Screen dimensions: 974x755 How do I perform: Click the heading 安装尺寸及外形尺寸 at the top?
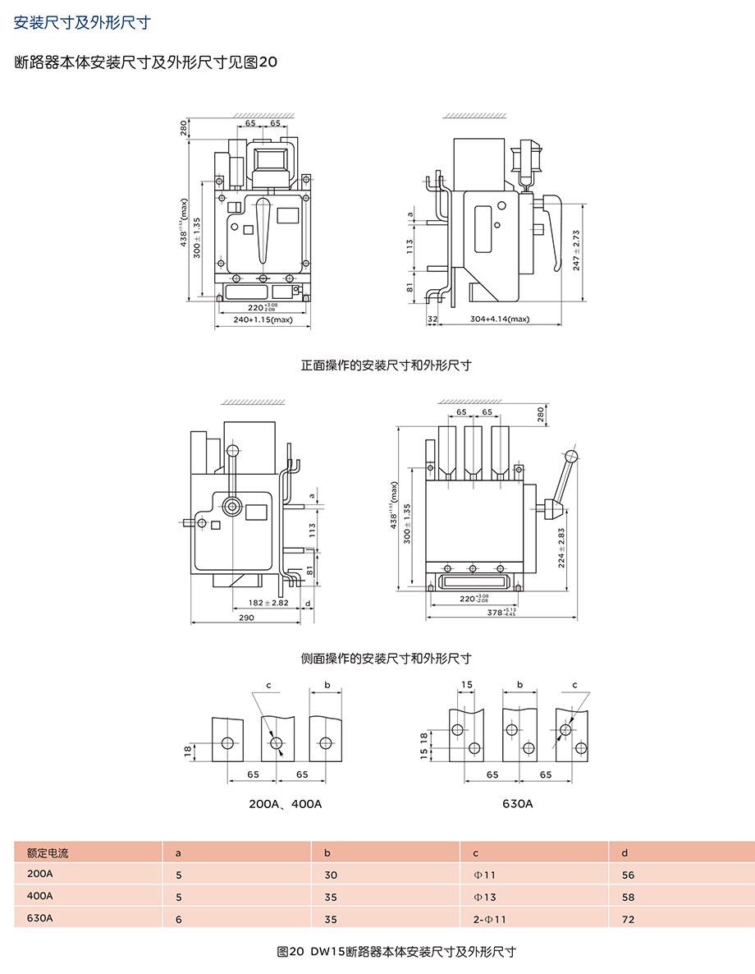tap(82, 22)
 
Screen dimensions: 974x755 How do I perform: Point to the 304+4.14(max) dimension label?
tap(500, 319)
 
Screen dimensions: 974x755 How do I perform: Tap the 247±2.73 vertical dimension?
tap(577, 249)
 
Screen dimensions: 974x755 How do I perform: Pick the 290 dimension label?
tap(246, 618)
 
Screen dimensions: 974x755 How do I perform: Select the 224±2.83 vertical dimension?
tap(561, 548)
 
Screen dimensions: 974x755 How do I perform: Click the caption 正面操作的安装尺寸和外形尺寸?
tap(386, 365)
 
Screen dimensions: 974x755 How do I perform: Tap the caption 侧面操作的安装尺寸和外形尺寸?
tap(386, 658)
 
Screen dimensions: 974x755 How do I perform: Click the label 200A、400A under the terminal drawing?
tap(285, 803)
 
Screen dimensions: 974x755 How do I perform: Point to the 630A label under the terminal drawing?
tap(517, 803)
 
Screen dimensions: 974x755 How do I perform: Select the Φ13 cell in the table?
tap(485, 897)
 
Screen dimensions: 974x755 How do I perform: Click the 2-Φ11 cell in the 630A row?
tap(490, 919)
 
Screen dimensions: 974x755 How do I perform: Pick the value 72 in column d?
tap(628, 919)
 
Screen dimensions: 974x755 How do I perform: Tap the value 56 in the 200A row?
tap(628, 875)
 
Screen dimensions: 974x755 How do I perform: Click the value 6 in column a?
tap(179, 919)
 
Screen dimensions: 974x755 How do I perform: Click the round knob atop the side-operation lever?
tap(572, 457)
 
